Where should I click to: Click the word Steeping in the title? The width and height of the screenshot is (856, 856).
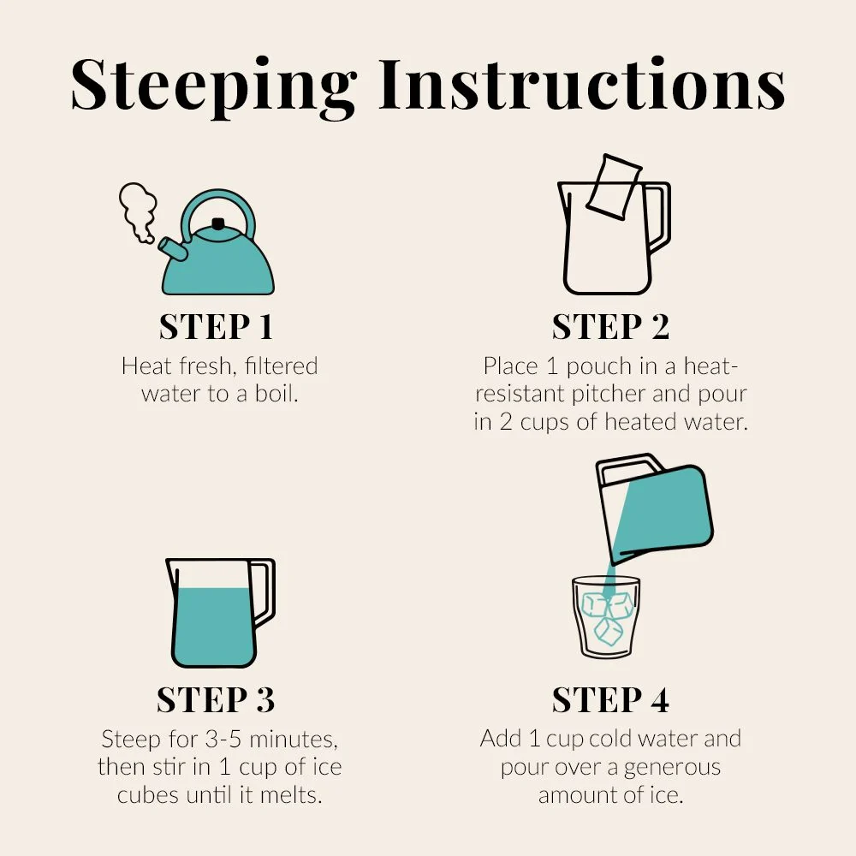pos(214,87)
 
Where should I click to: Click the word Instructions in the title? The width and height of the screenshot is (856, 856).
pos(582,84)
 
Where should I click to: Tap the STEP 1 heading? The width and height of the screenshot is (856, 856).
pos(216,327)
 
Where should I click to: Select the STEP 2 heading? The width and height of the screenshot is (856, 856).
pos(610,327)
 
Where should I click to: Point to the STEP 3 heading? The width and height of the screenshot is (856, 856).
pos(216,699)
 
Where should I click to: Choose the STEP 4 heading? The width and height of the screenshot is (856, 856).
pos(610,699)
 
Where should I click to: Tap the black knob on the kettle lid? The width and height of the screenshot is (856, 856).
pos(218,223)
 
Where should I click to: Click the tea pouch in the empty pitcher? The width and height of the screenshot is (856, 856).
pos(614,187)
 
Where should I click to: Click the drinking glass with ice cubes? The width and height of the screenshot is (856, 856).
pos(606,617)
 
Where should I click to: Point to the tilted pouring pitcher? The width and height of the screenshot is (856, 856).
pos(655,507)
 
